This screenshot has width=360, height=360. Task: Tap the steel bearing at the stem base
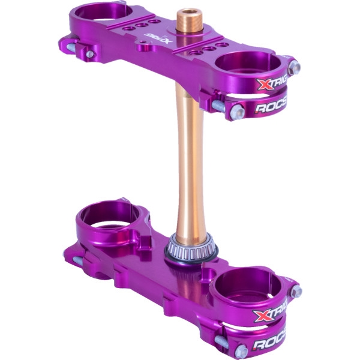[x=191, y=243]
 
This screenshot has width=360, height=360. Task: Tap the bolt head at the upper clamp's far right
[x=294, y=67]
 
